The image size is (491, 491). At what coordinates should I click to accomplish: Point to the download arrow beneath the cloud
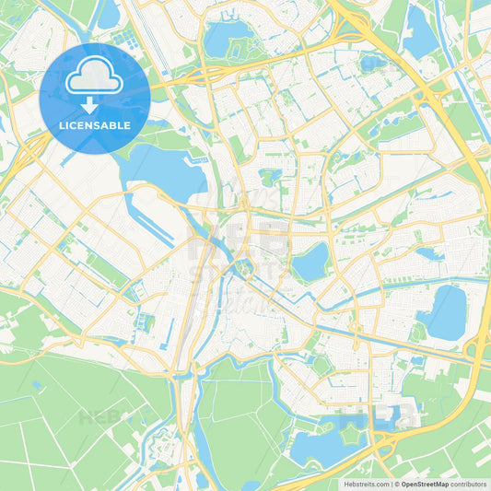pos(90,104)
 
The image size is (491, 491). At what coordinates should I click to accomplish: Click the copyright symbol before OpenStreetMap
pos(394,483)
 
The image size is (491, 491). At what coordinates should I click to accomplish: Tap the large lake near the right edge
pos(445,311)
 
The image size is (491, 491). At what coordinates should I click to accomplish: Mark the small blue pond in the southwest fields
pos(37,384)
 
